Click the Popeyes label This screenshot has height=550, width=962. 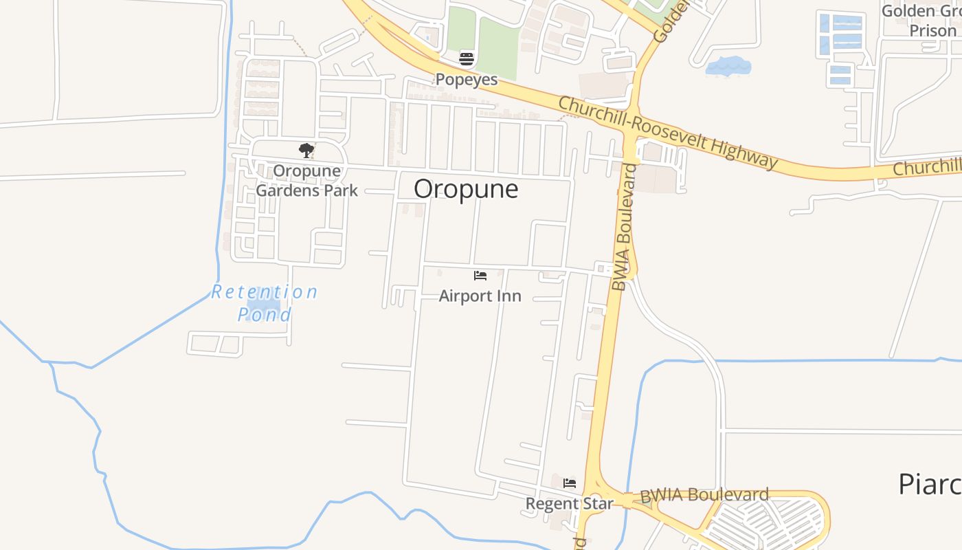point(467,79)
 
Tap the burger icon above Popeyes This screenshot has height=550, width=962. point(467,59)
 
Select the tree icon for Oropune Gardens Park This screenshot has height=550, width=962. point(306,151)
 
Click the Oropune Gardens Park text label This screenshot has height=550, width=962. point(306,180)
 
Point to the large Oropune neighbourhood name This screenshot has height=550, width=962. point(466,189)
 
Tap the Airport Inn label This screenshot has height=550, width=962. point(480,296)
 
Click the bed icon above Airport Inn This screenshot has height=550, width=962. point(480,276)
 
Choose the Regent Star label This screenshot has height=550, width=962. point(570,504)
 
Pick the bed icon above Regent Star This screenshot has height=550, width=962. point(570,483)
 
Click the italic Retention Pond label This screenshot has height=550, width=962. point(265,303)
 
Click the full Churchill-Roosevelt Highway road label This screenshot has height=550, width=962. point(668,133)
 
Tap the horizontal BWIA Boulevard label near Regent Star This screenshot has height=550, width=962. point(704,495)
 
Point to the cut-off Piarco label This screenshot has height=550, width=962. point(930,485)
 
